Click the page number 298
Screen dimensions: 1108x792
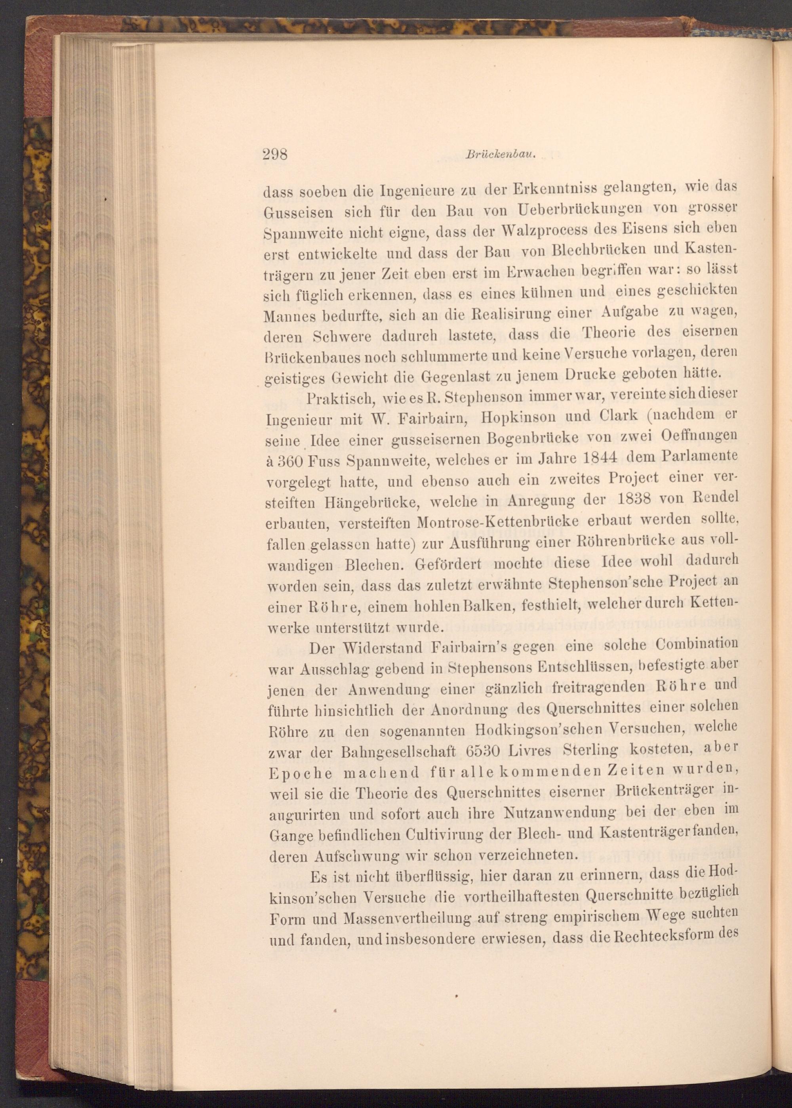(x=275, y=155)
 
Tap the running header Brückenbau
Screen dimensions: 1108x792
(x=501, y=156)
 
